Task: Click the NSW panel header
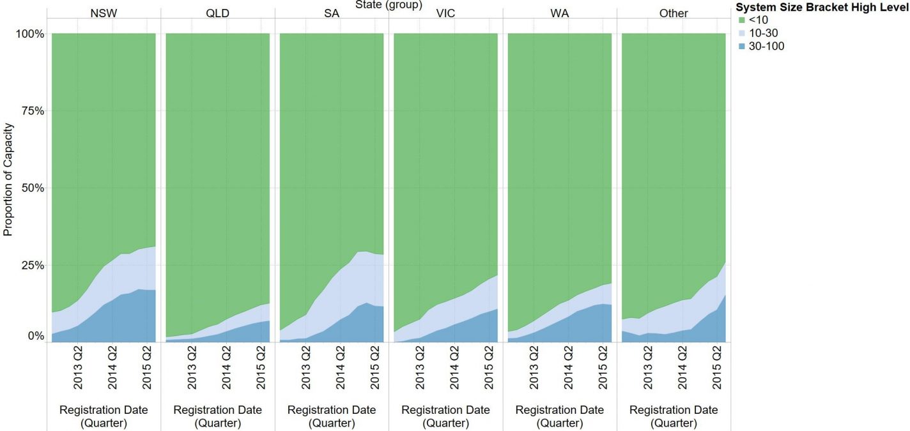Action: coord(104,13)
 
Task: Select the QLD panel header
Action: coord(218,13)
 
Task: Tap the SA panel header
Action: coord(332,13)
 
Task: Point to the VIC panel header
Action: coord(445,13)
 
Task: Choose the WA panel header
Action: coord(560,13)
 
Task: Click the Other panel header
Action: coord(674,13)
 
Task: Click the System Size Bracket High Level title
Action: coord(822,8)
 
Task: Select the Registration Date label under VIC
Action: coord(445,416)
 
